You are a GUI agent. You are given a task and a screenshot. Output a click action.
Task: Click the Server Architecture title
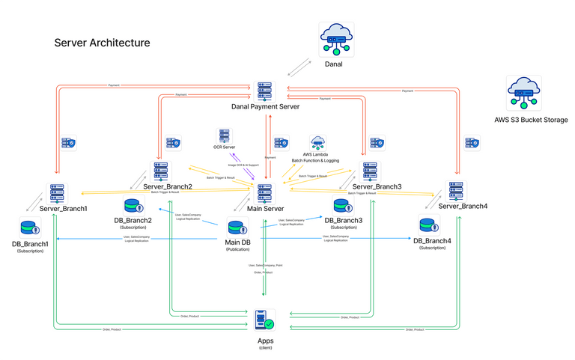pos(102,43)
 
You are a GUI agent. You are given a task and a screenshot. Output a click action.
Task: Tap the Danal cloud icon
pos(333,38)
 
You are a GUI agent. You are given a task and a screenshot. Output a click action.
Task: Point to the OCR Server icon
pos(224,136)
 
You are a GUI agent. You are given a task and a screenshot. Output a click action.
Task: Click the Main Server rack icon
pos(264,192)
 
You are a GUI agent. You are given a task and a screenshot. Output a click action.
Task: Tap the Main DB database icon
pos(237,227)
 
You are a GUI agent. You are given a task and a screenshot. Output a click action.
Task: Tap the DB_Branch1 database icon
pos(30,228)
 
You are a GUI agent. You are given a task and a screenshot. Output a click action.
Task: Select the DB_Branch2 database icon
pos(132,207)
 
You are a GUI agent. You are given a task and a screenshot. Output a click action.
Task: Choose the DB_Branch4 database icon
pos(429,225)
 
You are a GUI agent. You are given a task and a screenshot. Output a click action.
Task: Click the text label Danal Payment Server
pos(265,107)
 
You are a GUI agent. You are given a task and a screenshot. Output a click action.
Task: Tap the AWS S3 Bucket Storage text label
pos(531,120)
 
